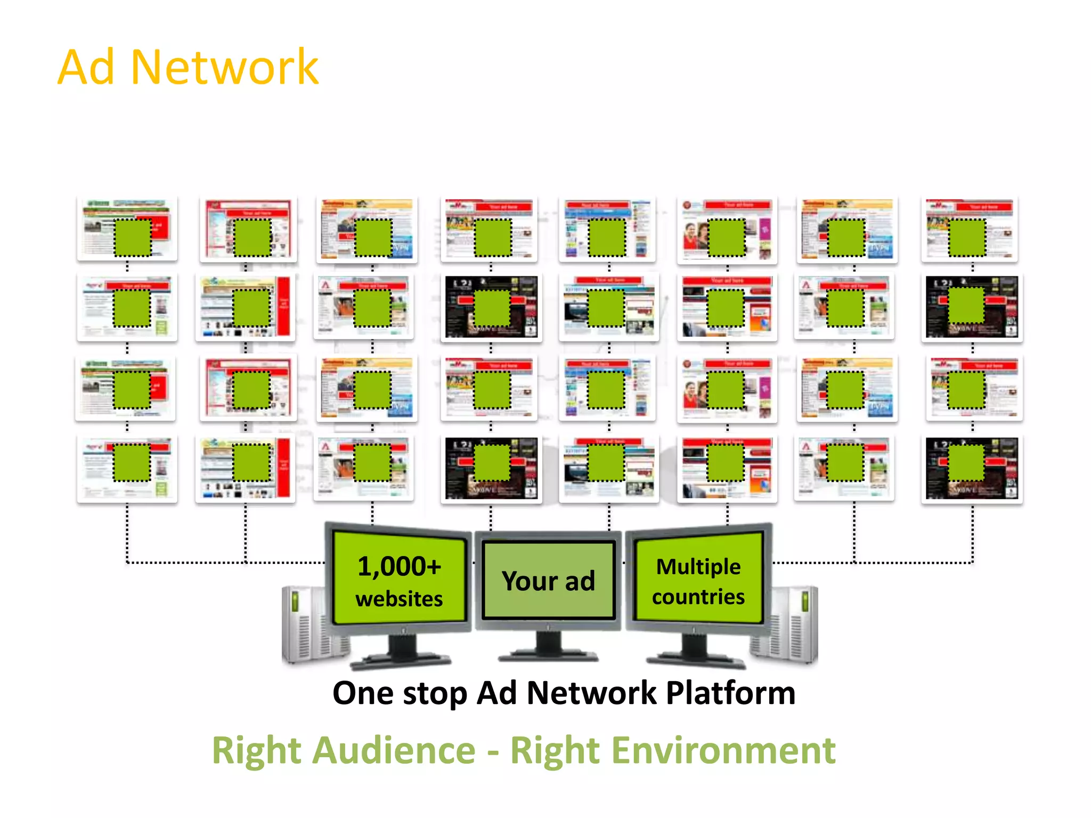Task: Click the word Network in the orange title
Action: pos(224,67)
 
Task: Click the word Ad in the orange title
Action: pos(86,67)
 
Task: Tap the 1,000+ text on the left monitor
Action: pos(399,566)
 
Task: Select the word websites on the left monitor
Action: pos(399,599)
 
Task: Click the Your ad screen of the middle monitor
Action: pos(548,580)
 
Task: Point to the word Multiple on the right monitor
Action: pos(698,567)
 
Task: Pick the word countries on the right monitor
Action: pos(698,597)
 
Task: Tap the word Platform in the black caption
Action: pos(730,693)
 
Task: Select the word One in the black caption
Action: pos(363,693)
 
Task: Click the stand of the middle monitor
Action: pos(548,647)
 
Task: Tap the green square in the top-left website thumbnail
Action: pos(133,238)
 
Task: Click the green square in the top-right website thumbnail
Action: pos(967,238)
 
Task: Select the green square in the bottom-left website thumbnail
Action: pos(132,462)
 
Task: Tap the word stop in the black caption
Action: pos(435,694)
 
